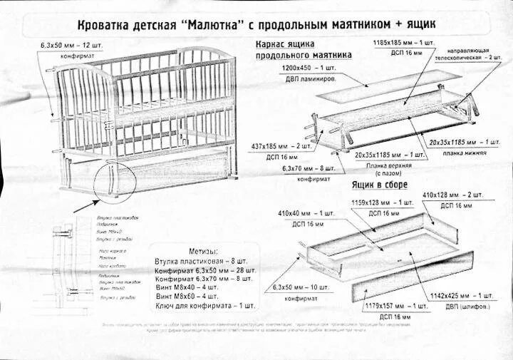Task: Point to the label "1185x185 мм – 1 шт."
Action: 404,43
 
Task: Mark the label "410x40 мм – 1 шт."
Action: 306,213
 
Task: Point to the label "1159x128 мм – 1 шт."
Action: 383,203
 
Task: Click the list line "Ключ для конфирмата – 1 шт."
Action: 204,305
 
